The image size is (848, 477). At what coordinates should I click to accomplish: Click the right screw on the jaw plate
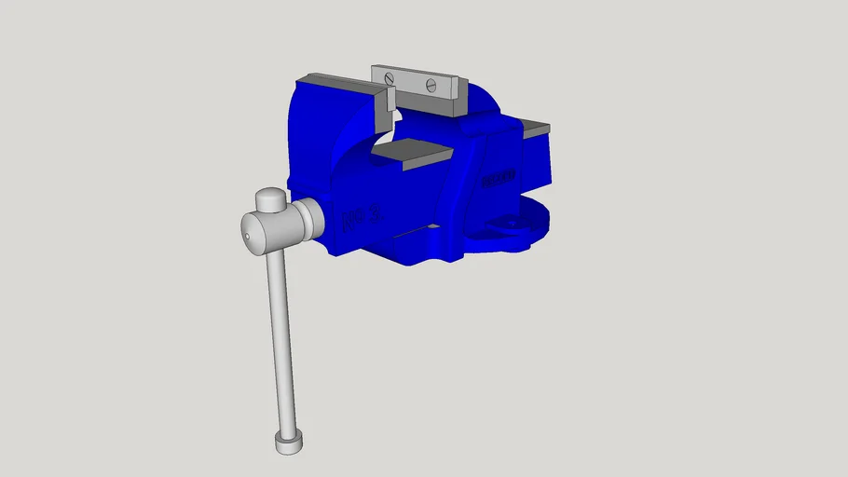coord(431,85)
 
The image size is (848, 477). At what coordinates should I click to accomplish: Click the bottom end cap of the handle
coord(288,443)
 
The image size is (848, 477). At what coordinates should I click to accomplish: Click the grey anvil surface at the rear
coord(535,129)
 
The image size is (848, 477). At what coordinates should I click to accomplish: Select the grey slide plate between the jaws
coord(413,153)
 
